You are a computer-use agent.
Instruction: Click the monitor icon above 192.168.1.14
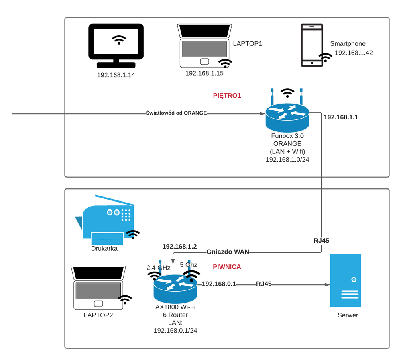116,45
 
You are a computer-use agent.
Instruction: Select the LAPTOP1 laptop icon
204,46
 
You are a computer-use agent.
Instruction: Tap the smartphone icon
312,45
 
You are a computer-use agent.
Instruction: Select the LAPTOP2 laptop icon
98,287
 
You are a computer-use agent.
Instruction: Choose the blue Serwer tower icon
346,280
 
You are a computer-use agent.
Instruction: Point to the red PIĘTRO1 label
227,96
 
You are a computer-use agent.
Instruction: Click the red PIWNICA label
227,266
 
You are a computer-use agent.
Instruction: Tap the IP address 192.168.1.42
354,53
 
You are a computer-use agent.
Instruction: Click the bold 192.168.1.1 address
341,117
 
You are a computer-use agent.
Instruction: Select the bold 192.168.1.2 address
179,246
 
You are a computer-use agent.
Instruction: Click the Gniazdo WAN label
228,252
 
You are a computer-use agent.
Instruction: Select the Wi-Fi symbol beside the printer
133,234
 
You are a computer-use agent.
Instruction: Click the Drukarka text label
104,248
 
